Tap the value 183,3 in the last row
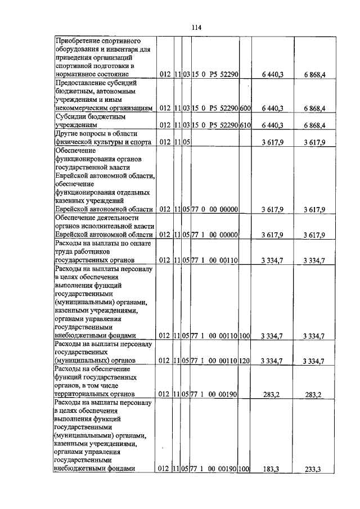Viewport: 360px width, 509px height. click(x=273, y=469)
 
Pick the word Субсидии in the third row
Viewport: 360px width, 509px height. click(x=71, y=116)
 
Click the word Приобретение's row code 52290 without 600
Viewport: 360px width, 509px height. click(x=228, y=74)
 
